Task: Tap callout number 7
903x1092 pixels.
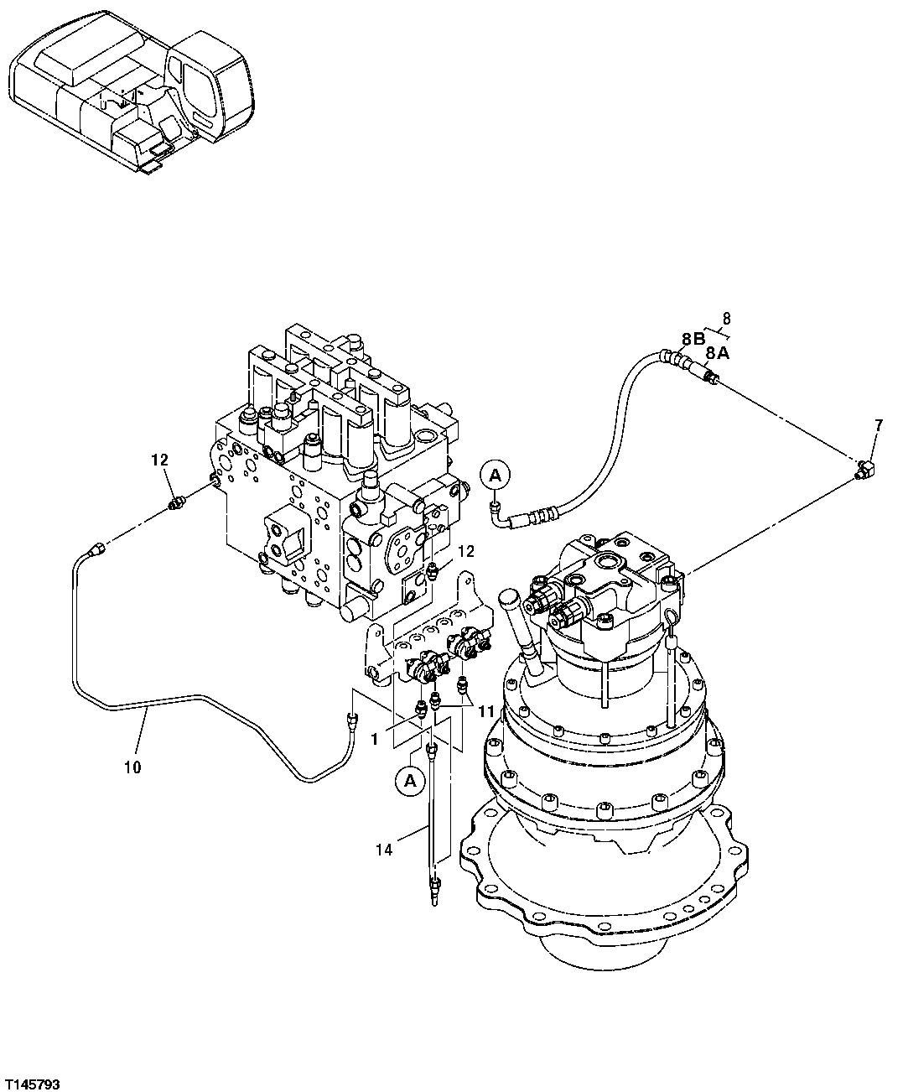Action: [878, 426]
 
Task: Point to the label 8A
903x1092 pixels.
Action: [717, 353]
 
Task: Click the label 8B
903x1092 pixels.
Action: [693, 339]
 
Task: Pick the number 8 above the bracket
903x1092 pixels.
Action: [726, 318]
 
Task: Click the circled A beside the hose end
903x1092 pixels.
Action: [495, 476]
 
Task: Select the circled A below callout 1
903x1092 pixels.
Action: [410, 781]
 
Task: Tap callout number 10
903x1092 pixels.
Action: [132, 767]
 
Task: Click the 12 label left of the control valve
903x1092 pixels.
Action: [159, 460]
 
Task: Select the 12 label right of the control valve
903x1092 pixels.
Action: [466, 551]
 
